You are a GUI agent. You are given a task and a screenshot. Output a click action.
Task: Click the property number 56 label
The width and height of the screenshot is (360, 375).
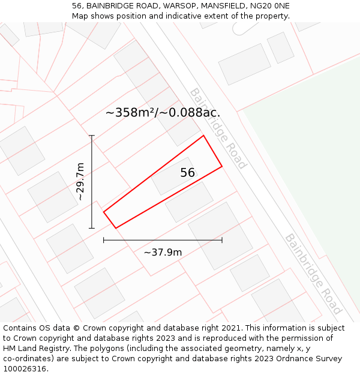[187, 173]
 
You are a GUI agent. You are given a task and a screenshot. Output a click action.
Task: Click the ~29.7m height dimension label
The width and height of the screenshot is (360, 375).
[80, 181]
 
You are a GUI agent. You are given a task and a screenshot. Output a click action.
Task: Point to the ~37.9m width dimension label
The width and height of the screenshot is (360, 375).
[163, 252]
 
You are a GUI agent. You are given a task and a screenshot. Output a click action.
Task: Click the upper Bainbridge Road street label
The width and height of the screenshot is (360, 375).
[218, 128]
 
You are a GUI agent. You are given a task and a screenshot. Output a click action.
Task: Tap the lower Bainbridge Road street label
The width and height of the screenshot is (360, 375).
[313, 274]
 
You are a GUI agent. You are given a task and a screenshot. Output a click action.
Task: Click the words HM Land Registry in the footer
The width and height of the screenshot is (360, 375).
[35, 349]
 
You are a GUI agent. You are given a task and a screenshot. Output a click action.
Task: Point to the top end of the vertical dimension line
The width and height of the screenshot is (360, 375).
[92, 136]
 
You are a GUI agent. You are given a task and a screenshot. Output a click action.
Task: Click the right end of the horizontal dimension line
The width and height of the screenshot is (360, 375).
[222, 240]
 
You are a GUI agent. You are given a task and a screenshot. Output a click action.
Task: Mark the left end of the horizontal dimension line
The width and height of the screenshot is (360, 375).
[104, 240]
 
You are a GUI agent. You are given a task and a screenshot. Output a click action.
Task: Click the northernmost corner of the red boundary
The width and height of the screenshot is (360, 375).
[204, 136]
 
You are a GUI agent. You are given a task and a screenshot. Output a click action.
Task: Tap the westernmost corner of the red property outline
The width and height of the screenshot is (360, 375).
[104, 212]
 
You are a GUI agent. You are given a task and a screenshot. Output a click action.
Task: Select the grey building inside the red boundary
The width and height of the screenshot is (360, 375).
[172, 176]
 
